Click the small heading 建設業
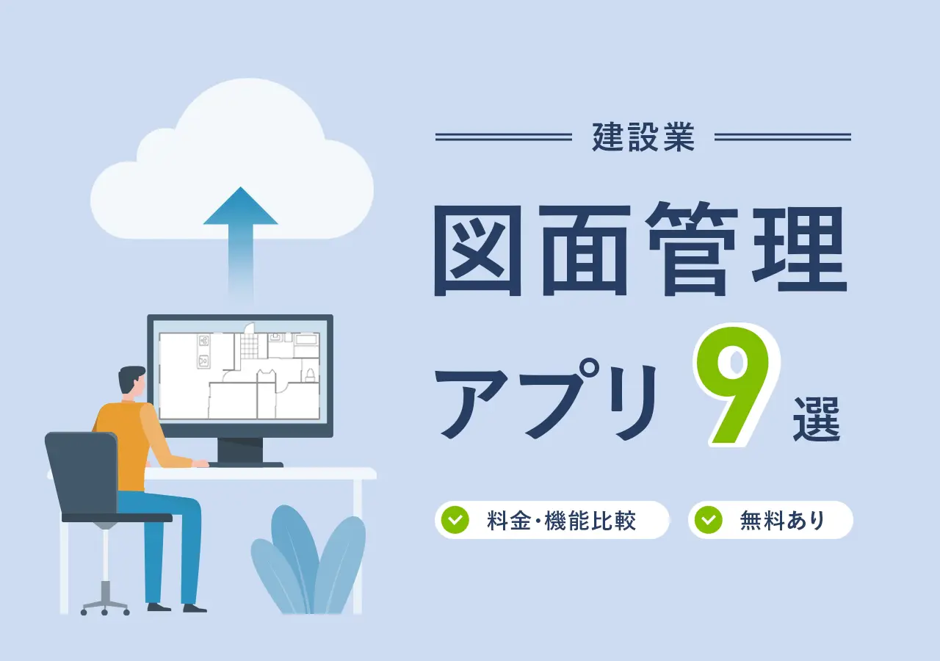643,137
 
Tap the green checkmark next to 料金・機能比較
455,520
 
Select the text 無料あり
783,521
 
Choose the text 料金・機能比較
561,521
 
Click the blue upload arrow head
240,207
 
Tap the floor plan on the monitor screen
239,375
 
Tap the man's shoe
194,607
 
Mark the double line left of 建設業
503,137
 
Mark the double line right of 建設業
782,137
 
